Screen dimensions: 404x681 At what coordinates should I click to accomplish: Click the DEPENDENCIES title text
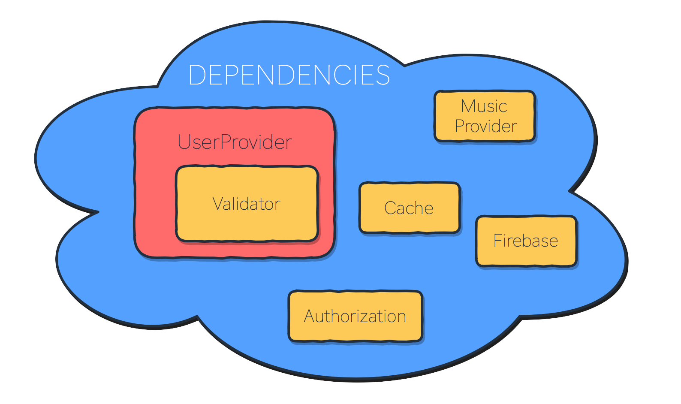tap(289, 75)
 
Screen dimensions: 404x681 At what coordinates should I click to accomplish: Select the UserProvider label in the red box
tap(235, 142)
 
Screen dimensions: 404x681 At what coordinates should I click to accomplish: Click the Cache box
tap(410, 208)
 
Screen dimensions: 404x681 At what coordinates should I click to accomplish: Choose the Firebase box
tap(526, 241)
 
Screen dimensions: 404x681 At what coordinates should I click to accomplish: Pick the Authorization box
tap(356, 317)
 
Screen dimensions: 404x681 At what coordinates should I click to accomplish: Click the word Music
tap(484, 106)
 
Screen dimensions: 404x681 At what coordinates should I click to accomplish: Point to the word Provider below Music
tap(486, 126)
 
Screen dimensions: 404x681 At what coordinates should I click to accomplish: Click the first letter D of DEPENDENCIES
tap(196, 75)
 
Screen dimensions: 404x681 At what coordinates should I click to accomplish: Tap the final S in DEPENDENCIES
tap(382, 75)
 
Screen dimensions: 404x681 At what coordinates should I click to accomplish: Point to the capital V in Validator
tap(218, 204)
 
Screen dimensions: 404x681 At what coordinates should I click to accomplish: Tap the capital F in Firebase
tap(497, 241)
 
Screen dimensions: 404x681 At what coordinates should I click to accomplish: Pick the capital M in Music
tap(469, 106)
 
